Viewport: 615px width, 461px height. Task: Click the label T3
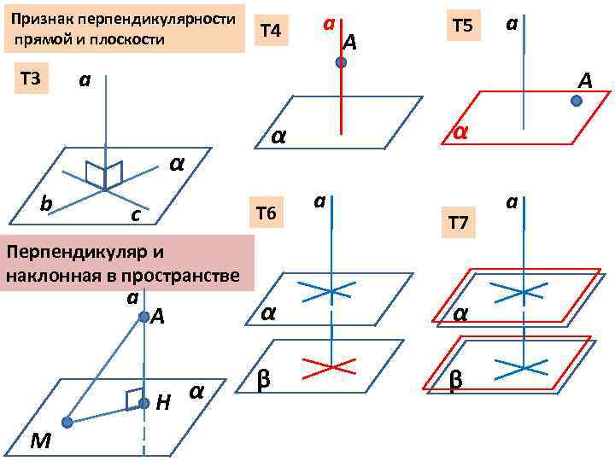pyautogui.click(x=30, y=79)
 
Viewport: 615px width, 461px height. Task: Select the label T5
pyautogui.click(x=462, y=26)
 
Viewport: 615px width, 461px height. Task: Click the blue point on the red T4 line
pyautogui.click(x=341, y=63)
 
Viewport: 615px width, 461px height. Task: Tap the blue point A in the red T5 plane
pyautogui.click(x=577, y=101)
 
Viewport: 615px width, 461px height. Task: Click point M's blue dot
pyautogui.click(x=67, y=422)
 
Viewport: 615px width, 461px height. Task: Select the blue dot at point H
pyautogui.click(x=143, y=402)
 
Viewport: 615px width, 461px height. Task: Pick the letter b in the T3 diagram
pyautogui.click(x=46, y=202)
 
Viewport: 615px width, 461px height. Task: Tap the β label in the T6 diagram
pyautogui.click(x=265, y=378)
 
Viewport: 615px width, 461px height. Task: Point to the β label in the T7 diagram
pyautogui.click(x=456, y=382)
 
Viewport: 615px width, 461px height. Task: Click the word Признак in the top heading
pyautogui.click(x=40, y=19)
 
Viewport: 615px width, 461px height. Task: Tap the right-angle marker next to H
pyautogui.click(x=130, y=399)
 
